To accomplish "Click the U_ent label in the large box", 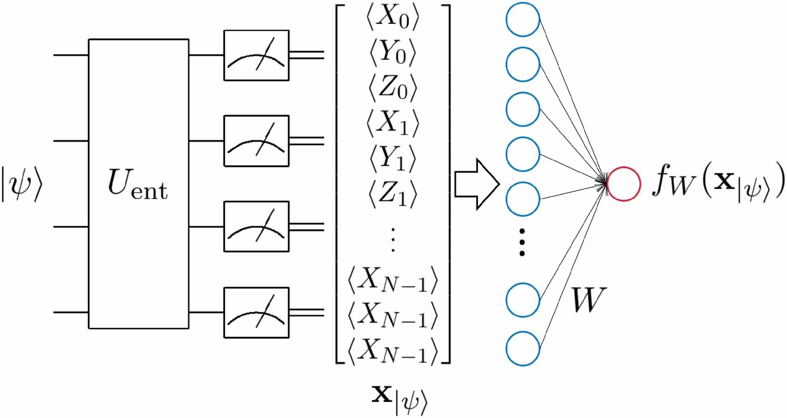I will tap(137, 185).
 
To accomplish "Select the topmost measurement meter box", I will tap(256, 55).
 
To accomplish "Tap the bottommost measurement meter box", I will tap(256, 312).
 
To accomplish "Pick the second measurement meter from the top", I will tap(256, 141).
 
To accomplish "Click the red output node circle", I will tap(624, 184).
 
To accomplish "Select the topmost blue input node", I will tap(523, 20).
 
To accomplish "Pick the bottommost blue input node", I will tap(523, 349).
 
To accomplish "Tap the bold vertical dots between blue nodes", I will tap(522, 242).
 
